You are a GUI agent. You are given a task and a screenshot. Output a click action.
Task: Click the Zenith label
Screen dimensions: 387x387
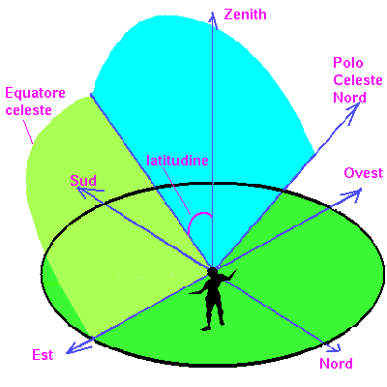click(x=245, y=15)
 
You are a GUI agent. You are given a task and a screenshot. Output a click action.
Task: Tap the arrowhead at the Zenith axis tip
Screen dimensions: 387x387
click(x=213, y=20)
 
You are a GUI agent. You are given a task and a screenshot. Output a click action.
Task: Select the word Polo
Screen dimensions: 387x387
click(x=348, y=63)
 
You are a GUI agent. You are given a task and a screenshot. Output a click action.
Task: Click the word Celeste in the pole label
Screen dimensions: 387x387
click(x=358, y=80)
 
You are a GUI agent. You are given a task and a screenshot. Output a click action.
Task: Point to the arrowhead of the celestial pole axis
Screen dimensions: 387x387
click(x=353, y=111)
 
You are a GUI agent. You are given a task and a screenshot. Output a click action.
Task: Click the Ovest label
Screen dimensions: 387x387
click(x=364, y=173)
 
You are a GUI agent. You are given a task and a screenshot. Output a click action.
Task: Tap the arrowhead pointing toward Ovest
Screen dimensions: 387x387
click(x=353, y=193)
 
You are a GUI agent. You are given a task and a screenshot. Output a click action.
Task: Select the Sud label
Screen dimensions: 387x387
click(x=83, y=181)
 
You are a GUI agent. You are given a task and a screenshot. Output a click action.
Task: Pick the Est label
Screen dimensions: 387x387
click(x=43, y=355)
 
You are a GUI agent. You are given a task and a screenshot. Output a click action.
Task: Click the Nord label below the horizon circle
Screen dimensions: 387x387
click(x=336, y=364)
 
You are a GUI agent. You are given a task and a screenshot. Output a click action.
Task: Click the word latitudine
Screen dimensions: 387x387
click(x=177, y=161)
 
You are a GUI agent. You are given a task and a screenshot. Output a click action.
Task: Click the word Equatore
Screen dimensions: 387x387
click(x=35, y=93)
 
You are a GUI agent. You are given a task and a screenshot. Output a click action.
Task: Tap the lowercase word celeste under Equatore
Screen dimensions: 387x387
click(x=29, y=110)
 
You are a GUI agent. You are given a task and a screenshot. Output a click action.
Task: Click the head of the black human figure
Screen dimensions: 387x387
click(x=213, y=273)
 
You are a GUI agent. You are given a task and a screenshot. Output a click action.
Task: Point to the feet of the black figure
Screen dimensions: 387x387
click(x=213, y=326)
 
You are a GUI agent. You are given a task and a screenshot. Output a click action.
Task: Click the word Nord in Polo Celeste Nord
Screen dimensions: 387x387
click(x=349, y=98)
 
